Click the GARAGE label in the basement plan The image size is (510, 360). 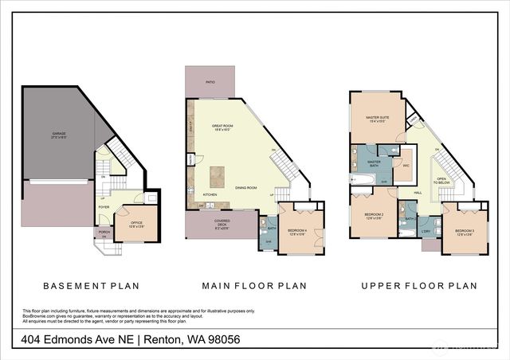coord(59,135)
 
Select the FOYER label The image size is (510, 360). coord(104,207)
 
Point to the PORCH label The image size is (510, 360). coord(104,233)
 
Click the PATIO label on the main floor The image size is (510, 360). coord(210,81)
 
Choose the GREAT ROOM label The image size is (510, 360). coord(222,127)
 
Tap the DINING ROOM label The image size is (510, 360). coord(245,187)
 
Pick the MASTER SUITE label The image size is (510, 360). coord(377,119)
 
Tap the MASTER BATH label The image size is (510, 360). coord(374,163)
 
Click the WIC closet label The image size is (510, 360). coord(406,165)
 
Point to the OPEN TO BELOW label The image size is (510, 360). coord(441,181)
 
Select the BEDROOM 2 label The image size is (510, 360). coord(374,216)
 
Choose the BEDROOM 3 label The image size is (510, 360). coord(465,232)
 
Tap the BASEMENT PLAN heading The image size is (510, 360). coord(91,286)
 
